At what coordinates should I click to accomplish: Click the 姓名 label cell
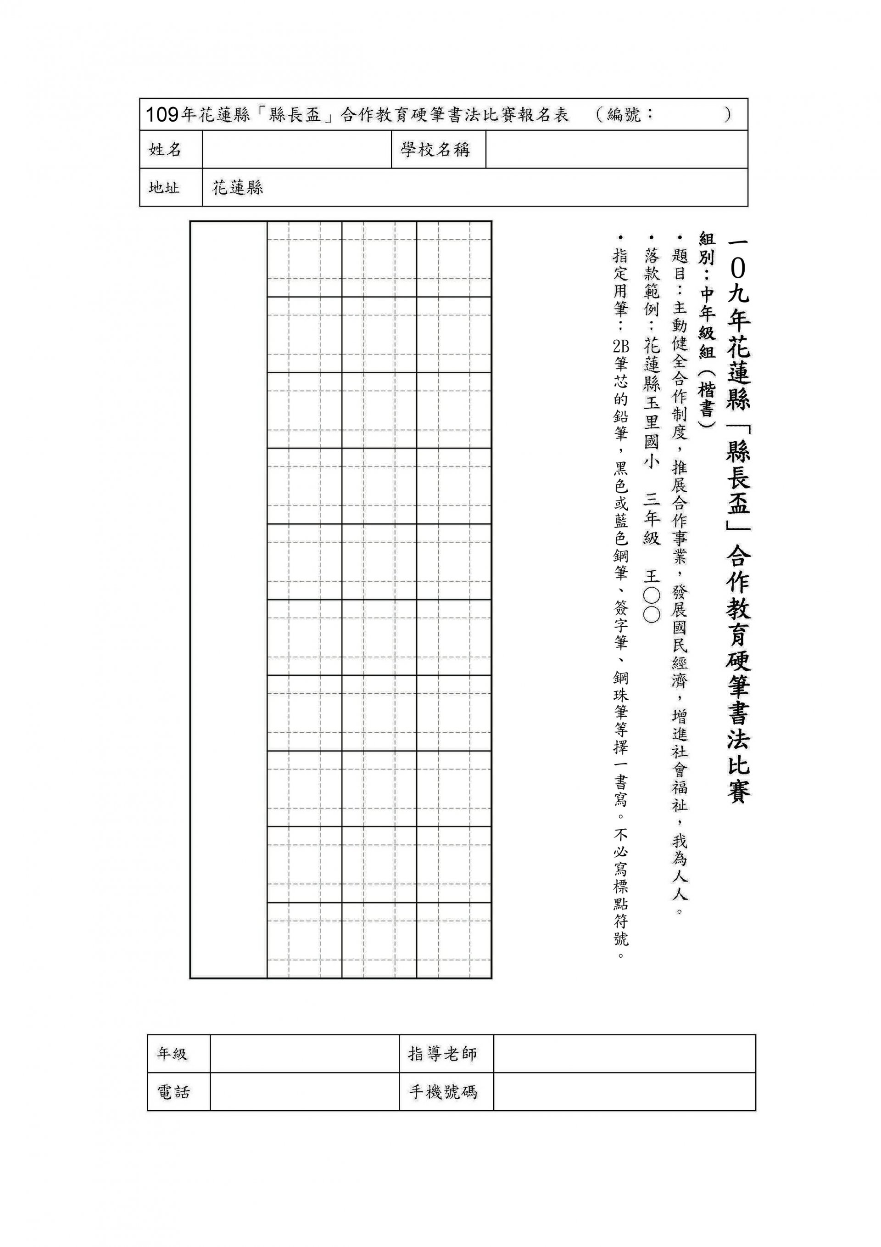[165, 149]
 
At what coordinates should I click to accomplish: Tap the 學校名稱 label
[435, 149]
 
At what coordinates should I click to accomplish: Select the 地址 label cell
[164, 187]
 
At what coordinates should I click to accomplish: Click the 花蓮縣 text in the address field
[238, 187]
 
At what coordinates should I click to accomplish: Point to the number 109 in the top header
[162, 115]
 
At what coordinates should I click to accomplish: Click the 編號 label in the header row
[624, 115]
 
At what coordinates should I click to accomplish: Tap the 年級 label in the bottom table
[172, 1054]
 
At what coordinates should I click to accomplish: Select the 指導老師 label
[442, 1054]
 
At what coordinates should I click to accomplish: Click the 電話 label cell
[173, 1092]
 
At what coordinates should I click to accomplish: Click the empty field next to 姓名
[296, 149]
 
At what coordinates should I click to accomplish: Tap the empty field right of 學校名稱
[616, 149]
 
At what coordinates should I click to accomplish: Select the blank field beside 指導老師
[624, 1054]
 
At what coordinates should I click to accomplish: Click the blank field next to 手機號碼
[624, 1092]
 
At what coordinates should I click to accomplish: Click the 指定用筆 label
[620, 282]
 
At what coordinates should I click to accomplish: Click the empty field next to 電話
[304, 1092]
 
